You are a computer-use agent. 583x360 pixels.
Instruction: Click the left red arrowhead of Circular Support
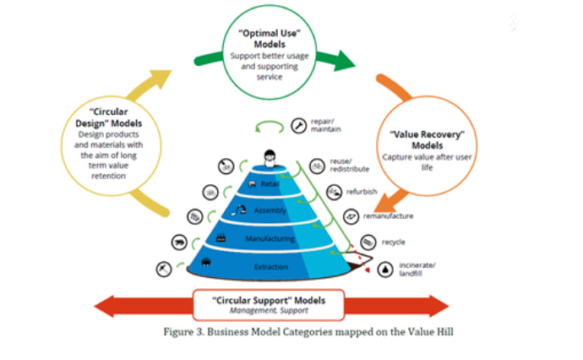click(104, 306)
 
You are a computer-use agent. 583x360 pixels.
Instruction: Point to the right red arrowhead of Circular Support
click(439, 306)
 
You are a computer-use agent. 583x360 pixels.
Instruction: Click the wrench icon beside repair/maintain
click(298, 126)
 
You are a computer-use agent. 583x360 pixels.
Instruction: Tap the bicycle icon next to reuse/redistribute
click(317, 166)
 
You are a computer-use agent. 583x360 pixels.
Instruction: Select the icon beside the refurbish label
click(335, 192)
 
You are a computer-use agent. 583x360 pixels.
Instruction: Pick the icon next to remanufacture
click(351, 216)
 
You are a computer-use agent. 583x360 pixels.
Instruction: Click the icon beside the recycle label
click(368, 243)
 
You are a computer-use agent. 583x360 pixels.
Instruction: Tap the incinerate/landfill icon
click(385, 270)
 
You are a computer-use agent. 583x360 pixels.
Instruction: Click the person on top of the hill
click(270, 158)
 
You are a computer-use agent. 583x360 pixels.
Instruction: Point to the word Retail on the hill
click(270, 183)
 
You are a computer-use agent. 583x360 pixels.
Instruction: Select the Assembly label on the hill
click(270, 210)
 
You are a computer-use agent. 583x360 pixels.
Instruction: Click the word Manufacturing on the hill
click(270, 238)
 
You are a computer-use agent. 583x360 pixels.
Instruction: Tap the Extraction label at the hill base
click(271, 267)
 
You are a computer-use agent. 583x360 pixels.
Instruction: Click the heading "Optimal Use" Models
click(270, 39)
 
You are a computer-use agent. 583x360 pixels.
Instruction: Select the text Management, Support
click(269, 310)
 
